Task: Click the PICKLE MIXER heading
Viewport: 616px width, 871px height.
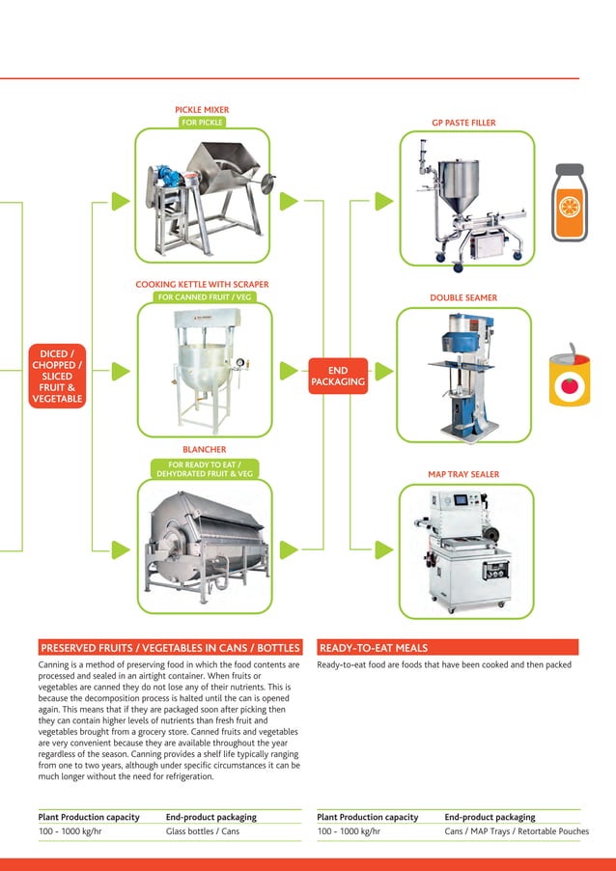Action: pos(202,110)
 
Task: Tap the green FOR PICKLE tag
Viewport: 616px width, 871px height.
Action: pos(202,123)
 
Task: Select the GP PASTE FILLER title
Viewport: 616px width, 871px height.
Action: pos(463,124)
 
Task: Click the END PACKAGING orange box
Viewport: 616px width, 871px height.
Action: pos(338,376)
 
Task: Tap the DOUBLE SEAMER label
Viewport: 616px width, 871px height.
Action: pos(463,298)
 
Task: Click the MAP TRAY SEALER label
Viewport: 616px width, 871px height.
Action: pos(463,474)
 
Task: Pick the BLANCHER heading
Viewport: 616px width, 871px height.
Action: pos(204,450)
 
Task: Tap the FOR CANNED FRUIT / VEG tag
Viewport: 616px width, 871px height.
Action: pos(203,297)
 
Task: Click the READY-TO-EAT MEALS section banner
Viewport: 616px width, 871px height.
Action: pos(447,648)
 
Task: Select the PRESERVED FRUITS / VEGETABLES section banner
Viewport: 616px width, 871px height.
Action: pos(169,648)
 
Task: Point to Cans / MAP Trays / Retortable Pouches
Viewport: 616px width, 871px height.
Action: pos(516,830)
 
